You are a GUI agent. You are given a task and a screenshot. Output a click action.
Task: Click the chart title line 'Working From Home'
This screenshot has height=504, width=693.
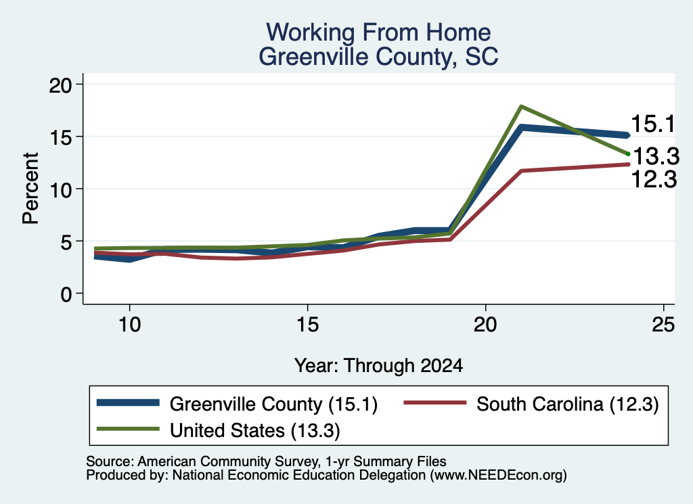[378, 32]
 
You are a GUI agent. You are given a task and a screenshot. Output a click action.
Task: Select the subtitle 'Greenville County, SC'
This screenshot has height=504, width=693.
[378, 57]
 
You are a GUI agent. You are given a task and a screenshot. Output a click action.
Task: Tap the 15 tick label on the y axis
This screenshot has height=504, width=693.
[60, 137]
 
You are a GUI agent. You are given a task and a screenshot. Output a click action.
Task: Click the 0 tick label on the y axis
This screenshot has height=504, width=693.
[66, 294]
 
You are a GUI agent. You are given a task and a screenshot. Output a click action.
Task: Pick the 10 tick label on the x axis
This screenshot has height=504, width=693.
[129, 325]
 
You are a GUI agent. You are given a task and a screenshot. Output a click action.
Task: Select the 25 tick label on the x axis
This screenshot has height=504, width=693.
[663, 325]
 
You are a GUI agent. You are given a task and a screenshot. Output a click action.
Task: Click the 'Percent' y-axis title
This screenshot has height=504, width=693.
[30, 188]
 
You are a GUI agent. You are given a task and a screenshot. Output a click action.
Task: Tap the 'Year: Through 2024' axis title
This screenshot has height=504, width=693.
[378, 366]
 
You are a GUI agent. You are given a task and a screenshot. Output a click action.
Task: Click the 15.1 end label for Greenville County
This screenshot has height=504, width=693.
[653, 124]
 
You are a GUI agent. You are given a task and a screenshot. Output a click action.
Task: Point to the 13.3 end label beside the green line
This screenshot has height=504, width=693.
[656, 156]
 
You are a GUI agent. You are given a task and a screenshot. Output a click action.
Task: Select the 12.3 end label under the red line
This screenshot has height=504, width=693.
[654, 179]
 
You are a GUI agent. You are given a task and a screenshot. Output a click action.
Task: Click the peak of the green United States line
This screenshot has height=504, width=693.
[522, 106]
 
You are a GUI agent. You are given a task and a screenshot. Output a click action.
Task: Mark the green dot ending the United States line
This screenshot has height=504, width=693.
[628, 154]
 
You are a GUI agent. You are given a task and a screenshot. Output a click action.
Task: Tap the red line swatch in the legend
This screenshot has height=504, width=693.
[435, 403]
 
